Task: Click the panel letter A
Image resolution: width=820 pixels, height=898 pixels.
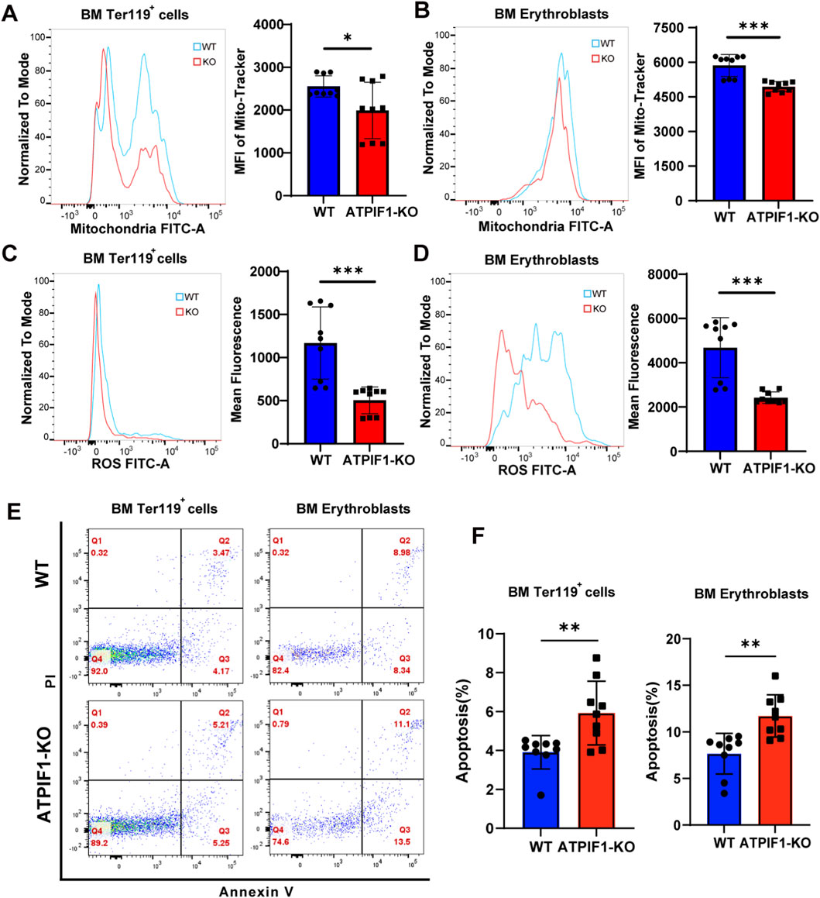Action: coord(10,12)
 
